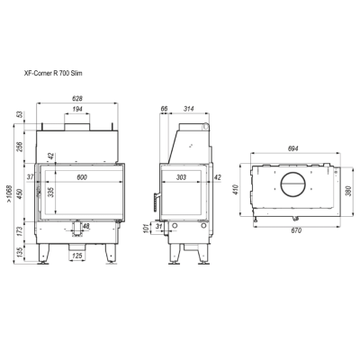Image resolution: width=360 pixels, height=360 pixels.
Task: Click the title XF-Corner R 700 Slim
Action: pos(53,73)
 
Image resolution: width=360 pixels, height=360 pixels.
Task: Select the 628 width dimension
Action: pos(77,98)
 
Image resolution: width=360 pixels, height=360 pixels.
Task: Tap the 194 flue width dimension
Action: pos(77,109)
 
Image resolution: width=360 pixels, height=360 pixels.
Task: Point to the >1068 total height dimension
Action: pos(10,194)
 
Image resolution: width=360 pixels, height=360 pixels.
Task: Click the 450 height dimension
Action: pos(20,193)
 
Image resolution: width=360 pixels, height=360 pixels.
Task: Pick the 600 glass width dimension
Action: pos(82,177)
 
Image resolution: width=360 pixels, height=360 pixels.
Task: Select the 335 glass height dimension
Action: pos(51,192)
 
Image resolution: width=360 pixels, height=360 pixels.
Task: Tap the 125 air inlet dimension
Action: pos(77,256)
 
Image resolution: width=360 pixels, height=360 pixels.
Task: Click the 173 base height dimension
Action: pos(20,232)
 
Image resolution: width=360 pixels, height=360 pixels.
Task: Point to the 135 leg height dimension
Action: pos(20,252)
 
